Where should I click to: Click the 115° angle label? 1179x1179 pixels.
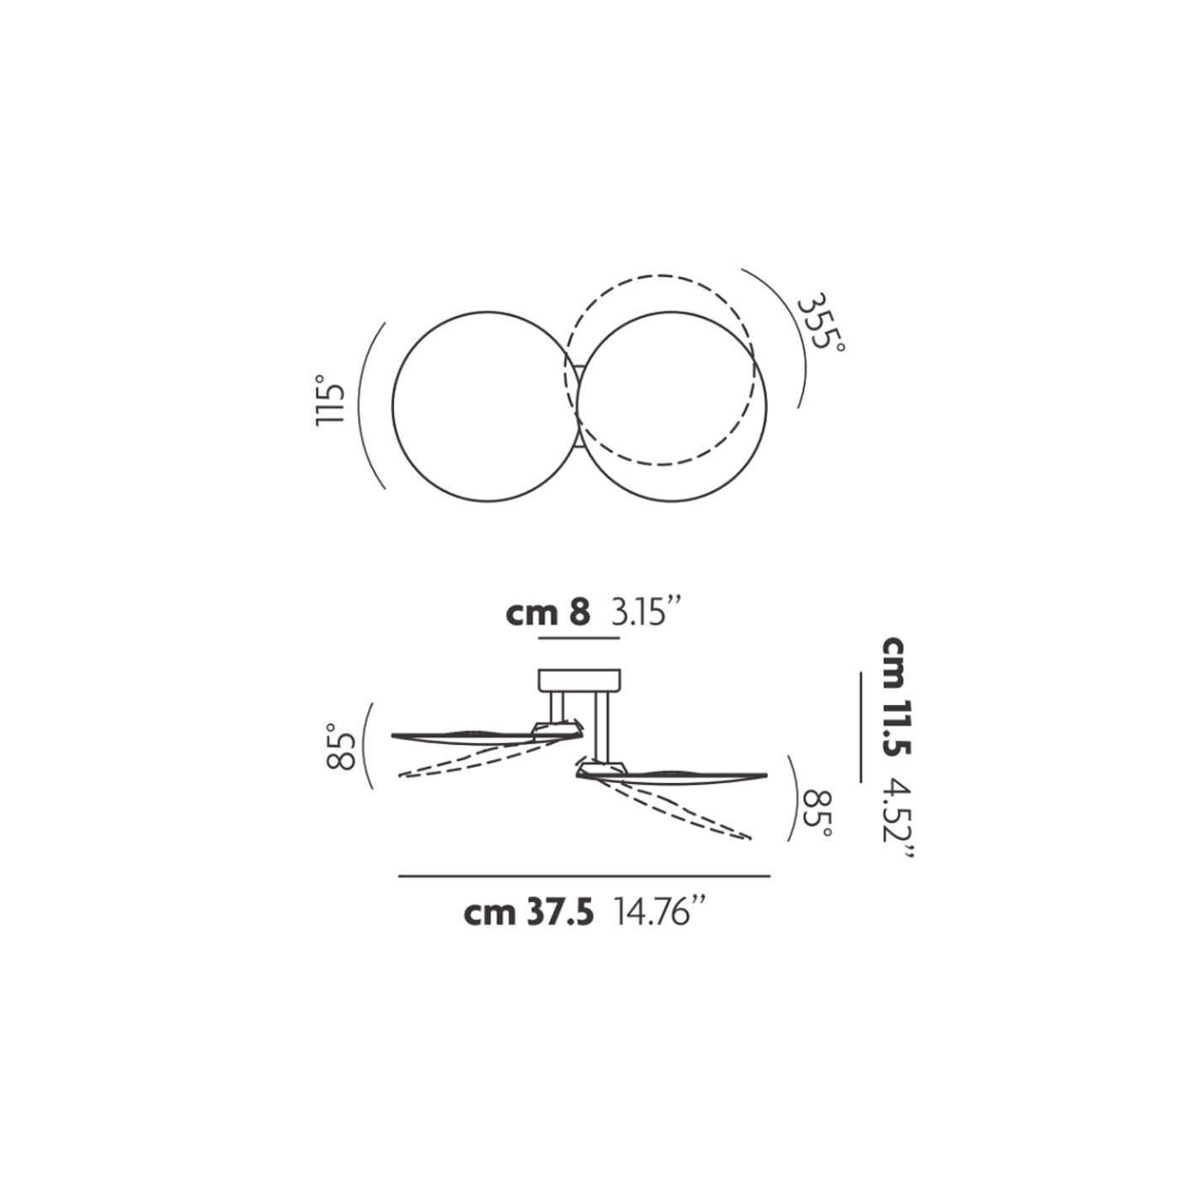pos(330,402)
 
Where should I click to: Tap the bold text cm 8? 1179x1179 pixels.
pos(547,613)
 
